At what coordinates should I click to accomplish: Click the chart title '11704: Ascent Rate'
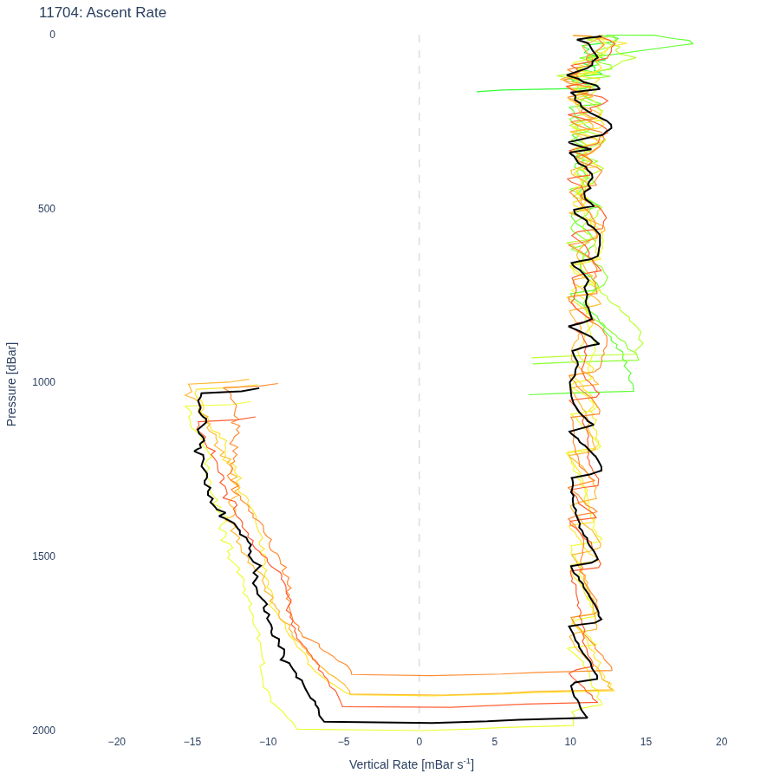point(102,12)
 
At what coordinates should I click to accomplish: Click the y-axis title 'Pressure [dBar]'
point(11,384)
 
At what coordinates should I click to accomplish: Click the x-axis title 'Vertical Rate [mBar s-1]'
point(412,764)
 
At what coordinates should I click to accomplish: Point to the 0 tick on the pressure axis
point(52,35)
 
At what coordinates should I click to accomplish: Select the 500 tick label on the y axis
point(47,208)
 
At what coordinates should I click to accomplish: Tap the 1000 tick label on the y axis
point(44,381)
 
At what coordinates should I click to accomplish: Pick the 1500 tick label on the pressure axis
point(44,556)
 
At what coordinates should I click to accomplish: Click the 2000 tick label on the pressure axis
point(44,731)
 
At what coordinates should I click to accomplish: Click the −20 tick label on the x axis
point(117,742)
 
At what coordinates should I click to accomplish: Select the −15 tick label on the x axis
point(192,742)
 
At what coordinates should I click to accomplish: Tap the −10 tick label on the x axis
point(268,742)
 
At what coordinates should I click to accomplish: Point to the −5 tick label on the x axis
point(344,742)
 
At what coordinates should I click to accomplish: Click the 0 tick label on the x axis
point(419,742)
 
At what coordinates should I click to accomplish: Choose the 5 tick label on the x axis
point(495,742)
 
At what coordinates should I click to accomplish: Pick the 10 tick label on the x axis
point(570,742)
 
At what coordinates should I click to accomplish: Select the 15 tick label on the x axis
point(646,742)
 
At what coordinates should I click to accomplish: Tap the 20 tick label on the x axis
point(722,742)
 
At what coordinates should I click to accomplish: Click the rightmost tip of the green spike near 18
point(693,43)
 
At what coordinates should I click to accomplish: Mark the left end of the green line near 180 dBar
point(477,92)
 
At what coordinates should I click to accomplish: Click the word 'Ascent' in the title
point(107,12)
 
